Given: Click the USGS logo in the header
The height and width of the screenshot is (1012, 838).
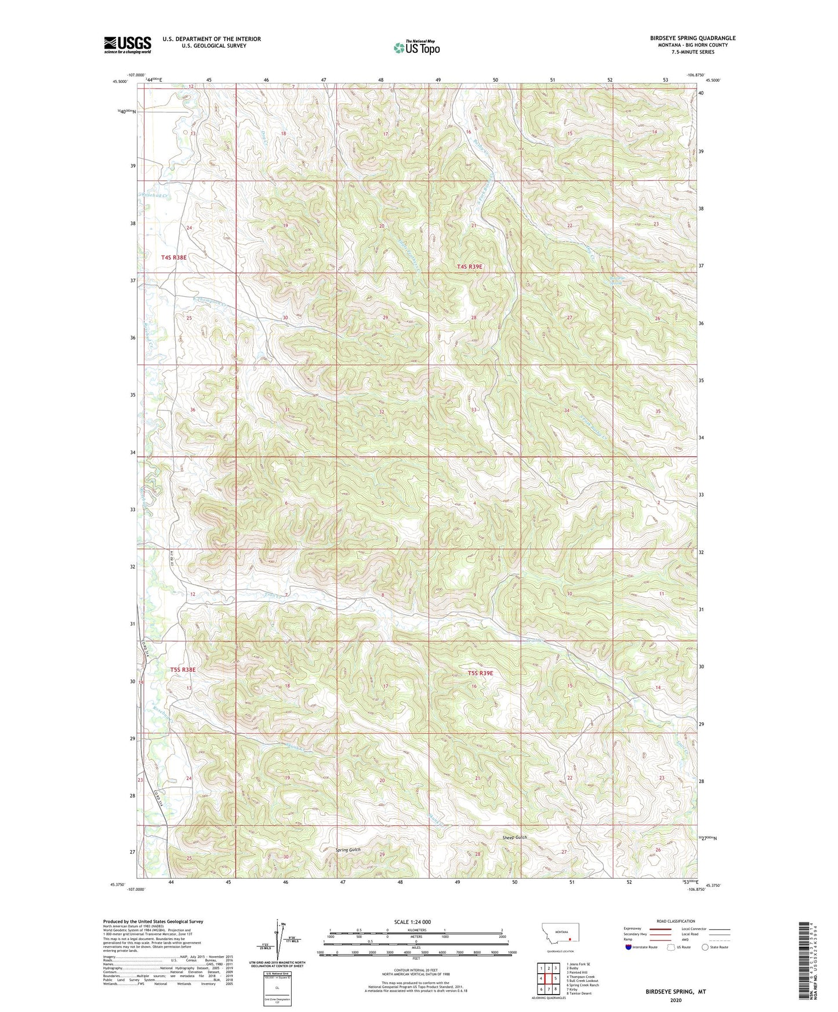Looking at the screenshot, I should coord(127,45).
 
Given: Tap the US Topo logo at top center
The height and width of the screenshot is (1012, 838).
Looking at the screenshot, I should coord(416,48).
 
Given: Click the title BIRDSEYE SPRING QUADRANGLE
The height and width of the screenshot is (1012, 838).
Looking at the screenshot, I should coord(692,38).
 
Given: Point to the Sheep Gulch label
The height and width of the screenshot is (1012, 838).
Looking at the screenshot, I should coord(514,838).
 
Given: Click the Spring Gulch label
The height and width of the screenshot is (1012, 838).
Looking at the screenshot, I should coord(348,850).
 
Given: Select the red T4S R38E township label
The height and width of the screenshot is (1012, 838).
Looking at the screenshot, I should coord(174,257).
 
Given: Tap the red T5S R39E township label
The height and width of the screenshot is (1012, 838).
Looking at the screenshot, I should coord(480,673).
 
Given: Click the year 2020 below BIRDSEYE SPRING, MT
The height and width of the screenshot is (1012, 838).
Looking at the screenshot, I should coord(675,1000).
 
